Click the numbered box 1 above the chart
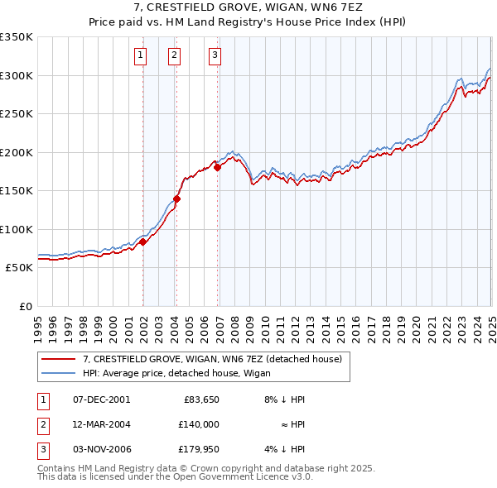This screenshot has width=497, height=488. [140, 55]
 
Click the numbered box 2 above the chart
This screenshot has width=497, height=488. [175, 55]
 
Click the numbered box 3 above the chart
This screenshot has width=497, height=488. [215, 55]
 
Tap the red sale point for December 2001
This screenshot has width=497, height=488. [142, 242]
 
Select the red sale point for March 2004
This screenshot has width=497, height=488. [176, 199]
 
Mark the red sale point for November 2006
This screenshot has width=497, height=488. [218, 168]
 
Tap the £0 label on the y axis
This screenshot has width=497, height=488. [25, 306]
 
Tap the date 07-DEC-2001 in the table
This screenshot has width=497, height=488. [102, 399]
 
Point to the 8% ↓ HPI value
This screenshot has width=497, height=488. [284, 399]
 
